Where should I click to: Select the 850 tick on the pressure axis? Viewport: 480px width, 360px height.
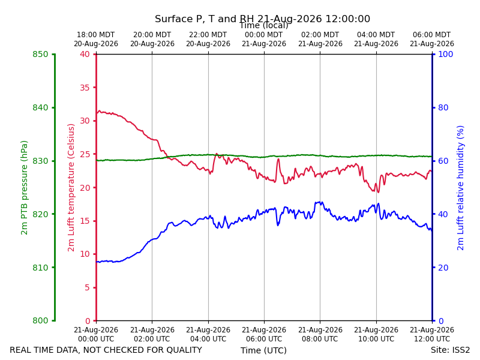coord(40,54)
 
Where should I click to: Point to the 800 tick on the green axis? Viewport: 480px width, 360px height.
coord(40,320)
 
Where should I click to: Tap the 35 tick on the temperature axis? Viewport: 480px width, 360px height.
coord(85,88)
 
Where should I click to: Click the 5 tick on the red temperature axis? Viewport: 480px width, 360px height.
coord(87,287)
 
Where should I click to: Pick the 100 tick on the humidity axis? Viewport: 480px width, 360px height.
coord(446,54)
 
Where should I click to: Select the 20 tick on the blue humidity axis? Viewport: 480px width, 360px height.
coord(443,268)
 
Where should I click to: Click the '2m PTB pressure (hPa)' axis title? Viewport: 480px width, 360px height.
coord(24,188)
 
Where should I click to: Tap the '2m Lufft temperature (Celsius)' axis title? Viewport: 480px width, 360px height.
coord(71,188)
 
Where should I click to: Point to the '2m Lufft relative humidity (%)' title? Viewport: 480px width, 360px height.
coord(460,188)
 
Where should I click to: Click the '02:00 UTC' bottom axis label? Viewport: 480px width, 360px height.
coord(152,339)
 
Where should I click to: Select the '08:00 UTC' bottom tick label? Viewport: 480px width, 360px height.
coord(320,339)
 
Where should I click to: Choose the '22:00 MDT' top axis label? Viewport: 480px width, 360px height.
coord(208,35)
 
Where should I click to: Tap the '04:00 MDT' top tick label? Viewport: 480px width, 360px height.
coord(376,35)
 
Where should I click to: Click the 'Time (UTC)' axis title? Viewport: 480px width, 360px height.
coord(263,350)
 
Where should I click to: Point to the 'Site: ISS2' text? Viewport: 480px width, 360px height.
coord(450,350)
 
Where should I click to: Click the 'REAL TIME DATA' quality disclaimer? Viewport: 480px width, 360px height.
coord(106,350)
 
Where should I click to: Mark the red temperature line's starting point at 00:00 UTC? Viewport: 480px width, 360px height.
coord(97,113)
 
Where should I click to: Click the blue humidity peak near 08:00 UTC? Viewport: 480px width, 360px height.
coord(320,202)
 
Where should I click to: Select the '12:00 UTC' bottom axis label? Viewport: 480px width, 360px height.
coord(432,339)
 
